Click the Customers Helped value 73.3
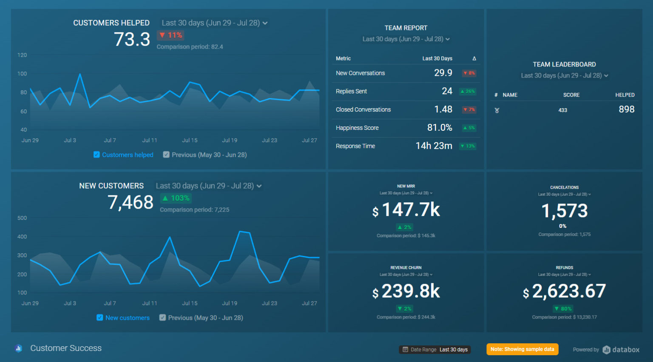pyautogui.click(x=132, y=40)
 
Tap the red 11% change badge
pyautogui.click(x=170, y=35)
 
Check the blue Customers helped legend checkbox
pyautogui.click(x=97, y=155)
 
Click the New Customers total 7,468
pyautogui.click(x=130, y=202)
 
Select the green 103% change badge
pyautogui.click(x=176, y=198)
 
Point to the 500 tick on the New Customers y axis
pyautogui.click(x=22, y=218)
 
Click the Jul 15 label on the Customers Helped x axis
pyautogui.click(x=190, y=140)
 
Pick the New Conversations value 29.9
pyautogui.click(x=443, y=73)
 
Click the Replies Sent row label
pyautogui.click(x=351, y=91)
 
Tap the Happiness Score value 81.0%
pyautogui.click(x=440, y=128)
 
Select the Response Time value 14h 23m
pyautogui.click(x=434, y=146)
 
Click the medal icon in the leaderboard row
pyautogui.click(x=497, y=110)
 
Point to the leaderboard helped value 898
pyautogui.click(x=626, y=109)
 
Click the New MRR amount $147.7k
pyautogui.click(x=406, y=210)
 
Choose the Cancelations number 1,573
pyautogui.click(x=564, y=211)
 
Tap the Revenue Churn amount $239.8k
pyautogui.click(x=406, y=291)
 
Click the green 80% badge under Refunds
pyautogui.click(x=563, y=309)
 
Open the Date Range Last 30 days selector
pyautogui.click(x=435, y=350)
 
